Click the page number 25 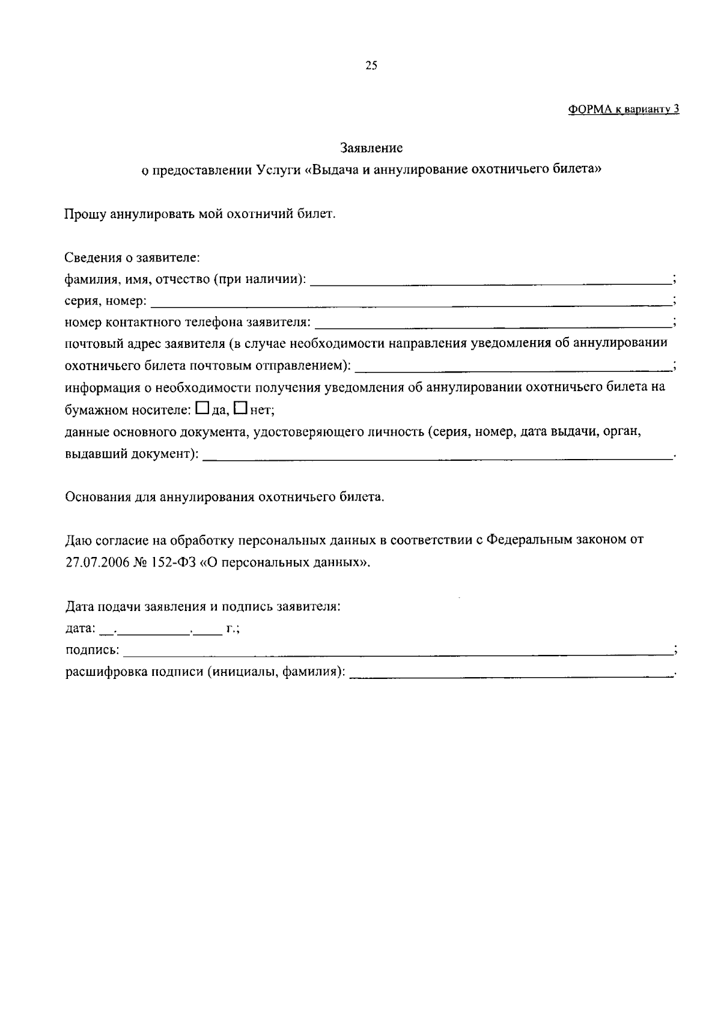tap(371, 66)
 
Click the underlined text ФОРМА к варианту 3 tap(623, 109)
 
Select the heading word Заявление tap(371, 147)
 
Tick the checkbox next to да tap(202, 409)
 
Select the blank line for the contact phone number tap(493, 324)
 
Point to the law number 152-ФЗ tap(170, 564)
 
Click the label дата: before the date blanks tap(79, 629)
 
